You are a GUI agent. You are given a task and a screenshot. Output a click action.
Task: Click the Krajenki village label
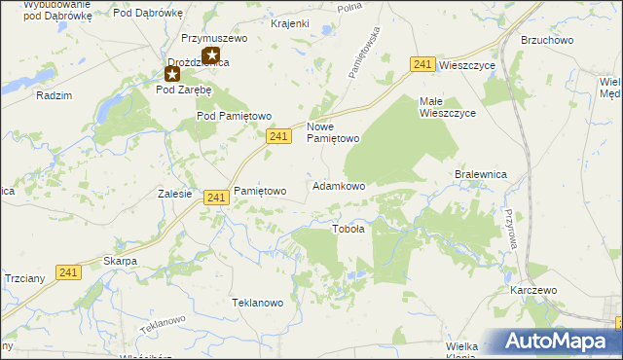(x=290, y=22)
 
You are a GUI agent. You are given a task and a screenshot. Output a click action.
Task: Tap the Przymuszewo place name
(x=215, y=39)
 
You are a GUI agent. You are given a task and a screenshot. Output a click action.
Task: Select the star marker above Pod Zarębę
(x=172, y=74)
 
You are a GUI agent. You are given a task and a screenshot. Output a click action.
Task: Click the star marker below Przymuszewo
(x=209, y=56)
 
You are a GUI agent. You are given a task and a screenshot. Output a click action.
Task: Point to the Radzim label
(x=54, y=95)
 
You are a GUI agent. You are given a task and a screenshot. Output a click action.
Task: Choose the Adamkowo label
(x=338, y=185)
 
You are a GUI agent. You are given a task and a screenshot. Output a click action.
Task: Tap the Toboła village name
(x=348, y=230)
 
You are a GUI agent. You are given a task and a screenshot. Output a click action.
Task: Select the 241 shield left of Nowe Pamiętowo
(x=278, y=137)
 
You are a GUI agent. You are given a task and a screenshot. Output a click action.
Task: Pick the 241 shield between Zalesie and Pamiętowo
(x=217, y=198)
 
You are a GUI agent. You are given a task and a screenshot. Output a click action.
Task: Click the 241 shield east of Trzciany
(x=67, y=274)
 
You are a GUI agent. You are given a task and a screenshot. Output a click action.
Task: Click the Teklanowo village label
(x=257, y=303)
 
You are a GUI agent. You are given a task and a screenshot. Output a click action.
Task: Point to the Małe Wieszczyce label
(x=447, y=107)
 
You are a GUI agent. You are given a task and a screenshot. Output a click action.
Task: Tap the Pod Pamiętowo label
(x=234, y=116)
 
